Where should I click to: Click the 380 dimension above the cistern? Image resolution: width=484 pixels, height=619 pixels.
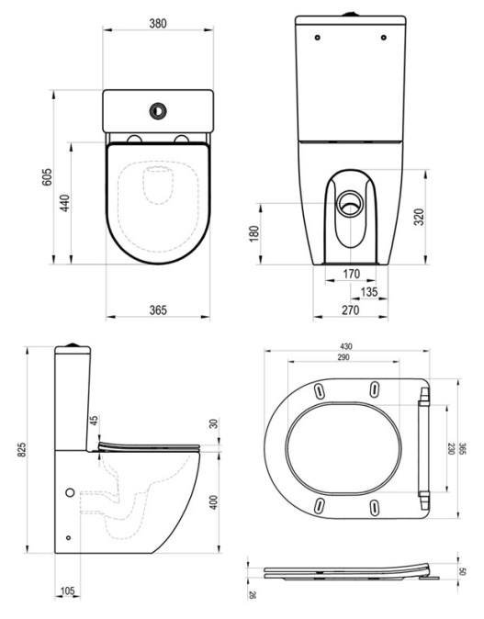[158, 23]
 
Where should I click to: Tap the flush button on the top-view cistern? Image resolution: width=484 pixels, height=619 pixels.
[158, 111]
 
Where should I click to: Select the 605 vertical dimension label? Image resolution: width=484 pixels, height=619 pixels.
[47, 177]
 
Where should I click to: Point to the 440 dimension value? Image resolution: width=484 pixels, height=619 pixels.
[65, 203]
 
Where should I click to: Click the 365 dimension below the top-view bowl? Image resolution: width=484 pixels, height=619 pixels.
[158, 309]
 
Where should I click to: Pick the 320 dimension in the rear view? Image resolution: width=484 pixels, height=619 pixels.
[419, 217]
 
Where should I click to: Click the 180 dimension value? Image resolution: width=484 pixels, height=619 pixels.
[254, 233]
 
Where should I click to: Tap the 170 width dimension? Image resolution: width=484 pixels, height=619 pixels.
[352, 274]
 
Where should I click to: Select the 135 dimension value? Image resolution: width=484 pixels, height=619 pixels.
[369, 292]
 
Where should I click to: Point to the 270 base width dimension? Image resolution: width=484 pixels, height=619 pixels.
[351, 309]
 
